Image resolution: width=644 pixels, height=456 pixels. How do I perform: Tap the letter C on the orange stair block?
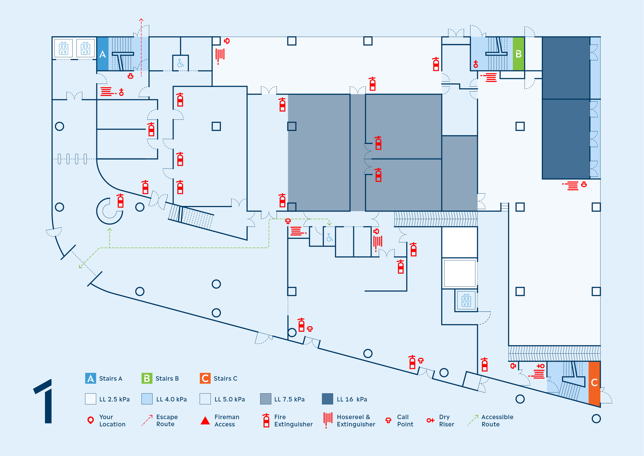pyautogui.click(x=594, y=382)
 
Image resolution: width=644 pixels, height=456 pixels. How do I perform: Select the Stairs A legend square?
pyautogui.click(x=91, y=378)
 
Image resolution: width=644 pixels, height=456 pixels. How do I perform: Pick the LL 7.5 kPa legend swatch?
pyautogui.click(x=266, y=399)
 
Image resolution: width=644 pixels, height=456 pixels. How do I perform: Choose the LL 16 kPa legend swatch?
pyautogui.click(x=327, y=399)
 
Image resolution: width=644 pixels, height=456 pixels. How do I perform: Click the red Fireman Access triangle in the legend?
pyautogui.click(x=205, y=421)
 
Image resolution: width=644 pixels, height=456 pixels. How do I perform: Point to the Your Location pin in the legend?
pyautogui.click(x=91, y=420)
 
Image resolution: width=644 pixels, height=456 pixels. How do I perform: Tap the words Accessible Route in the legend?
pyautogui.click(x=497, y=421)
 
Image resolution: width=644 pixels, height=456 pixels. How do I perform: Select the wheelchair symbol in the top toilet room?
pyautogui.click(x=180, y=63)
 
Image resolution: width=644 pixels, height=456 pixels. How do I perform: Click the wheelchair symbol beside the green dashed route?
pyautogui.click(x=330, y=237)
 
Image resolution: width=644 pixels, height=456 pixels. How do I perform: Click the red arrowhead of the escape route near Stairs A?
pyautogui.click(x=141, y=20)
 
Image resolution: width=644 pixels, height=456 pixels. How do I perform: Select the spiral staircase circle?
pyautogui.click(x=109, y=211)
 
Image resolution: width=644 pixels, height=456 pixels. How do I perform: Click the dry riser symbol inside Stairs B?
pyautogui.click(x=476, y=64)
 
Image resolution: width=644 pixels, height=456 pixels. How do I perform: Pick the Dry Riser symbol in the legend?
pyautogui.click(x=430, y=420)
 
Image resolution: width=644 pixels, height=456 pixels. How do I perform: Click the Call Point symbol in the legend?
pyautogui.click(x=388, y=420)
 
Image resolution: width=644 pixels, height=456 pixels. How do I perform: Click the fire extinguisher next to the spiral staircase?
pyautogui.click(x=120, y=201)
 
